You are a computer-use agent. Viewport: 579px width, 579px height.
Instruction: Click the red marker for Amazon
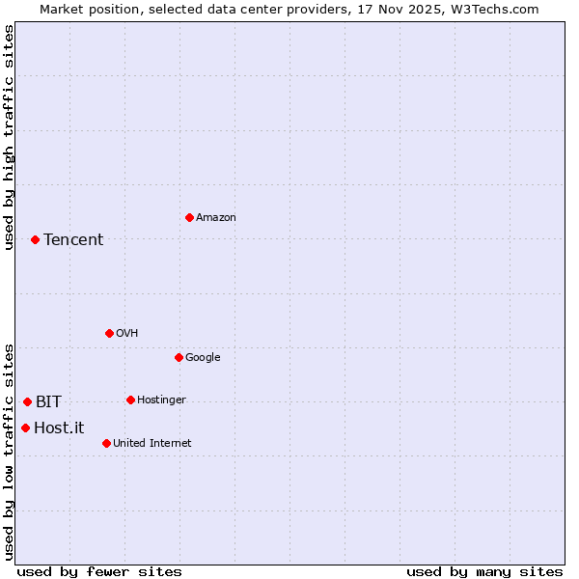point(189,217)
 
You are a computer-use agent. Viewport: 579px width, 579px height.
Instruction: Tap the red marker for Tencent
point(35,239)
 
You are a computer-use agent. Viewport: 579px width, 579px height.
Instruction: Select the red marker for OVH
point(109,333)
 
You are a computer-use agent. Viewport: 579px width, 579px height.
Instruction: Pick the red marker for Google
point(179,357)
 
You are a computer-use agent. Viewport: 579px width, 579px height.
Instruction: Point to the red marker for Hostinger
point(130,400)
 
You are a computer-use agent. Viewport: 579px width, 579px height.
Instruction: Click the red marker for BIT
point(27,401)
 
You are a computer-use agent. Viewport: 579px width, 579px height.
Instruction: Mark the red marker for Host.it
point(25,427)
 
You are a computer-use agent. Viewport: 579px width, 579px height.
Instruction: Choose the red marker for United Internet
point(106,443)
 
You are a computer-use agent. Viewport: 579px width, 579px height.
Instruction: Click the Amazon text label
point(216,218)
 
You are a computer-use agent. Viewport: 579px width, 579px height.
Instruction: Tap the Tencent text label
point(73,240)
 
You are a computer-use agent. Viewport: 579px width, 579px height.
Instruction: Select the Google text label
point(203,358)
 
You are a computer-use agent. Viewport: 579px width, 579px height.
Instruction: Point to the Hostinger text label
point(161,400)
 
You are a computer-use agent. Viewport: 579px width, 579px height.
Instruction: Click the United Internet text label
point(152,444)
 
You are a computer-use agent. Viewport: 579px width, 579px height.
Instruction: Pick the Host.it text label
point(59,428)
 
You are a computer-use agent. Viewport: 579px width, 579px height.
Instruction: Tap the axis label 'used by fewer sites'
point(99,571)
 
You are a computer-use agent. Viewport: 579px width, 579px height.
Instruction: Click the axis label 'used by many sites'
point(484,571)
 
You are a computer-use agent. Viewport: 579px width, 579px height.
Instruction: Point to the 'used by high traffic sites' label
point(9,137)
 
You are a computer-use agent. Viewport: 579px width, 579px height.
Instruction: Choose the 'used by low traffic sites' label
point(9,452)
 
